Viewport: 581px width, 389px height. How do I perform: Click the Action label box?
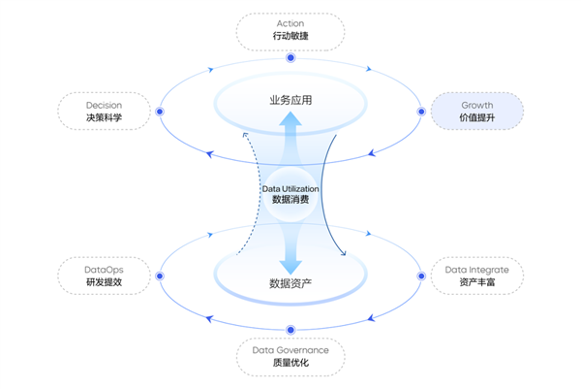[x=290, y=30]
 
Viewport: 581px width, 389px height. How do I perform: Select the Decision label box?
[x=105, y=112]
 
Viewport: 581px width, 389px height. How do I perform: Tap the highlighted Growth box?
[x=476, y=112]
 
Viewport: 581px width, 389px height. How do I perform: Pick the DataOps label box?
[x=105, y=276]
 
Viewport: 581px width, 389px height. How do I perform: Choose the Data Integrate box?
[x=476, y=276]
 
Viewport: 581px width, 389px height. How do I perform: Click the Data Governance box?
[x=290, y=356]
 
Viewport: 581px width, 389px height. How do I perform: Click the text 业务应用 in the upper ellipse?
[x=290, y=101]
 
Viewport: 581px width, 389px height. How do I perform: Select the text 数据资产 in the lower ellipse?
[x=290, y=284]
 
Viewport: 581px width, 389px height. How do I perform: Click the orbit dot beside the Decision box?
[x=160, y=112]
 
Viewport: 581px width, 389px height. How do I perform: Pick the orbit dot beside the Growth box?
[x=421, y=112]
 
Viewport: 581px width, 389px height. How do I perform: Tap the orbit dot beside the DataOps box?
[x=160, y=276]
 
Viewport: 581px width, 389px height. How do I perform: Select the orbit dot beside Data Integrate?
[x=421, y=276]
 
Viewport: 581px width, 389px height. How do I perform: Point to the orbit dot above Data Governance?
[x=290, y=329]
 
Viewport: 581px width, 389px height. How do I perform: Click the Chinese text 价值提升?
[x=476, y=119]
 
